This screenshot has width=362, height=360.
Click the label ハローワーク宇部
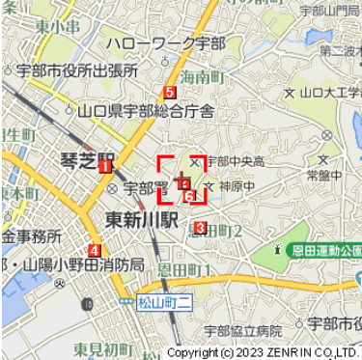pyautogui.click(x=166, y=44)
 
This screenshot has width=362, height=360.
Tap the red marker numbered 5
pyautogui.click(x=170, y=93)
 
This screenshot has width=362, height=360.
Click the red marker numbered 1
pyautogui.click(x=102, y=167)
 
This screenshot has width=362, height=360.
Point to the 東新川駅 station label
pyautogui.click(x=142, y=218)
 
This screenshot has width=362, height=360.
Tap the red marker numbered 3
pyautogui.click(x=200, y=228)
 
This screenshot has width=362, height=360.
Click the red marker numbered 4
pyautogui.click(x=94, y=249)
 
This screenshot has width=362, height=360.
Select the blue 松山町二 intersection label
pyautogui.click(x=166, y=302)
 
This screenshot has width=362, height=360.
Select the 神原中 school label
pyautogui.click(x=237, y=184)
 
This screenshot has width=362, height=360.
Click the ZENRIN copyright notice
pyautogui.click(x=262, y=352)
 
